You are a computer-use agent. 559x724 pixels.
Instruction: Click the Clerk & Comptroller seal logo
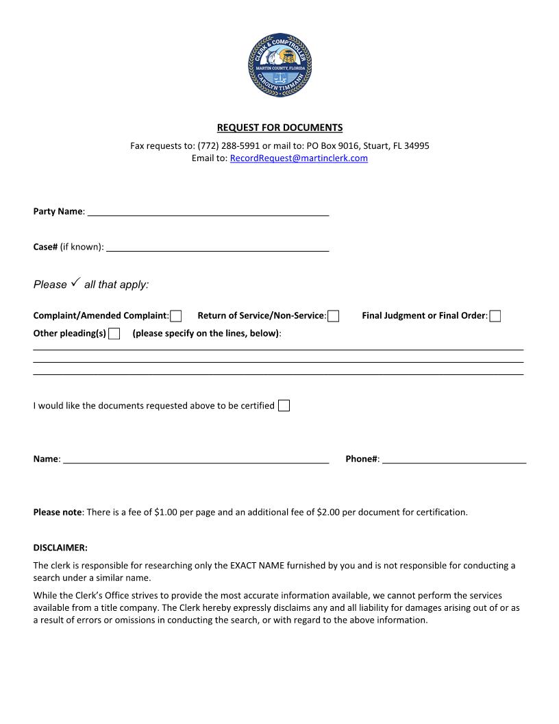(279, 65)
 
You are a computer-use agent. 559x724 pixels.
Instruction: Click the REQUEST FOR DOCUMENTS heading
(279, 128)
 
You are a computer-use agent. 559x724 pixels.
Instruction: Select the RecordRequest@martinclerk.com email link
(299, 158)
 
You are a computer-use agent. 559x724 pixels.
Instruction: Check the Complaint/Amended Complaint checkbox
(176, 316)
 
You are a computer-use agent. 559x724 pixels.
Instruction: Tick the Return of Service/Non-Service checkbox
(334, 316)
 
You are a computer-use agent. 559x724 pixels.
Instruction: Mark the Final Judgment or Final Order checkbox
(495, 316)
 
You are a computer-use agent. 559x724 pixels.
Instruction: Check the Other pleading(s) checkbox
(114, 334)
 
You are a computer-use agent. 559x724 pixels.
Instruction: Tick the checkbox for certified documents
(284, 405)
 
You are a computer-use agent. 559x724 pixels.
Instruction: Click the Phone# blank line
(454, 459)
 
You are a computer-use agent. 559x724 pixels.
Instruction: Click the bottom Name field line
(195, 459)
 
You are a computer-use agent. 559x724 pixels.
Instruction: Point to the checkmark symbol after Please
(75, 282)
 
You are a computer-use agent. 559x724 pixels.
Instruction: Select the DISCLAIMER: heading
(60, 548)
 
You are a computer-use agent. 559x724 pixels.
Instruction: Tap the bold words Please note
(58, 512)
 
